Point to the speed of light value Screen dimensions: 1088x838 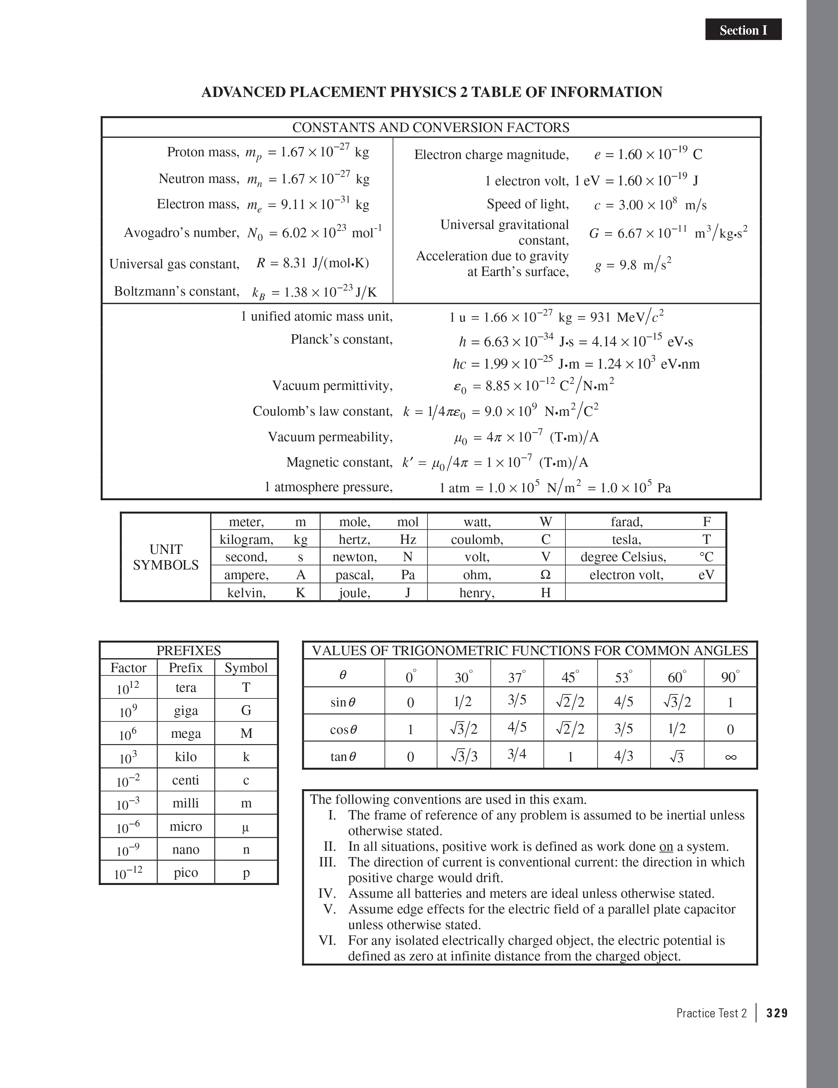pyautogui.click(x=650, y=205)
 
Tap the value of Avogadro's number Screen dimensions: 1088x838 pyautogui.click(x=314, y=233)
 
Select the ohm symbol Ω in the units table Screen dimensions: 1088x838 pyautogui.click(x=545, y=575)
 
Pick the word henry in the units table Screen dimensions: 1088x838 pyautogui.click(x=476, y=593)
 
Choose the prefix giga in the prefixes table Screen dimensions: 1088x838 pyautogui.click(x=186, y=710)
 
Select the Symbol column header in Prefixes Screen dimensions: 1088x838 pyautogui.click(x=246, y=667)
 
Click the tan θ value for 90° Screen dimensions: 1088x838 pyautogui.click(x=730, y=757)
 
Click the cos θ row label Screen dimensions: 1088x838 pyautogui.click(x=343, y=730)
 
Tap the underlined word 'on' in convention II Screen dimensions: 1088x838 pyautogui.click(x=666, y=846)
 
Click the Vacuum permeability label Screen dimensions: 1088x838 pyautogui.click(x=330, y=437)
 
